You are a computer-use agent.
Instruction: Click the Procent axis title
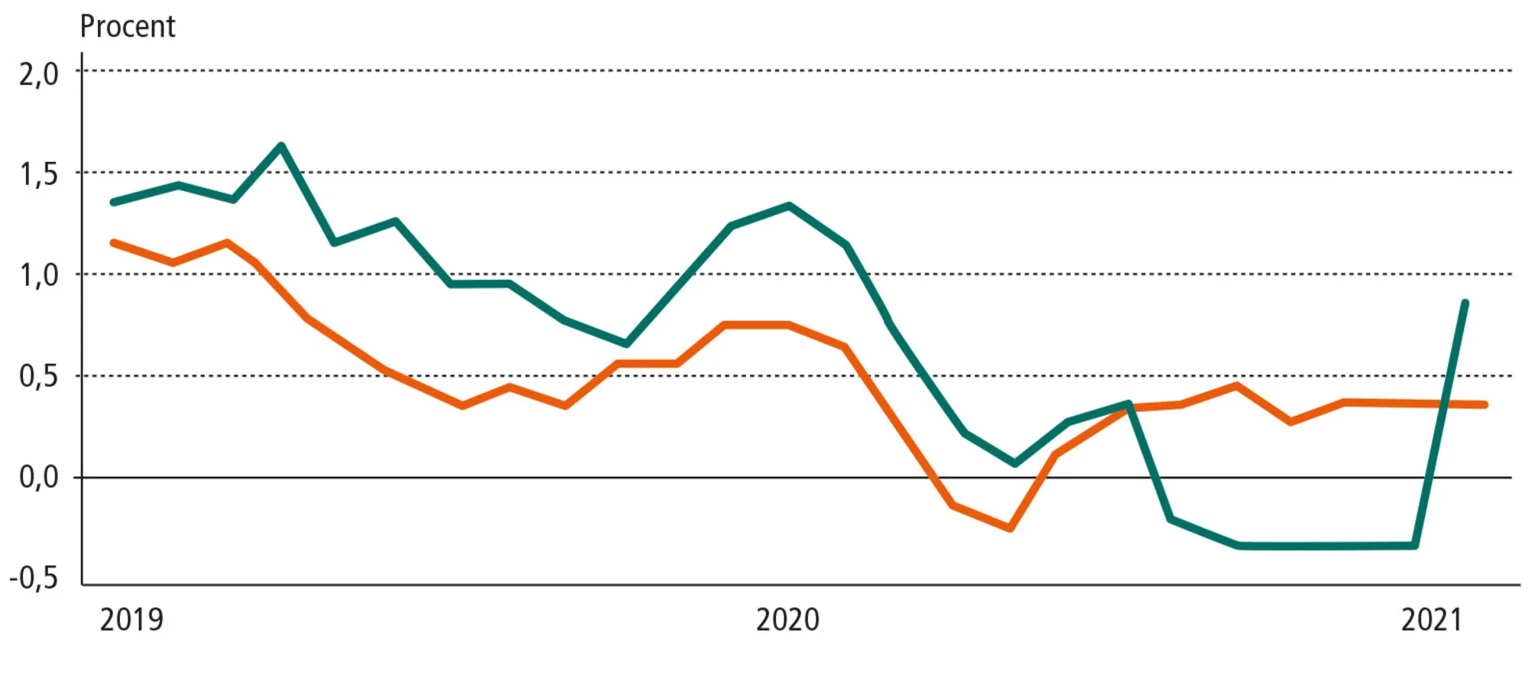tap(128, 27)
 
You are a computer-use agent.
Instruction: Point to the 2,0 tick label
tap(38, 74)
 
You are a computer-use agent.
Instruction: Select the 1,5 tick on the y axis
tap(38, 175)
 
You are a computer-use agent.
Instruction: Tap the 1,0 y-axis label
tap(38, 276)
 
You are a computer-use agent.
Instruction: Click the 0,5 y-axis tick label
tap(38, 377)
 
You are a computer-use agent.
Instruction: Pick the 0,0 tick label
tap(38, 478)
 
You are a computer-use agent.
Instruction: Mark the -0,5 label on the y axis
tap(34, 579)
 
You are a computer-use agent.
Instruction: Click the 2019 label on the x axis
tap(131, 619)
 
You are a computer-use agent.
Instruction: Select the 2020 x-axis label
tap(787, 619)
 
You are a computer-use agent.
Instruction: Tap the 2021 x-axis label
tap(1431, 619)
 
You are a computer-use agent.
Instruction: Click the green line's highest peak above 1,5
tap(281, 145)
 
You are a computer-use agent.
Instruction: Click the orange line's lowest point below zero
tap(1011, 528)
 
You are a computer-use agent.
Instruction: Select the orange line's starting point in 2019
tap(114, 242)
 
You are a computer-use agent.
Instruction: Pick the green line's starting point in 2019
tap(114, 202)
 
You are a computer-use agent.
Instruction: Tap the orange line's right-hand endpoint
tap(1485, 404)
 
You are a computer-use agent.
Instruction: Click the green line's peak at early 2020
tap(789, 205)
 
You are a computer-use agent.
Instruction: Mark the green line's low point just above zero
tap(1014, 463)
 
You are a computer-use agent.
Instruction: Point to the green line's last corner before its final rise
tap(1415, 546)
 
